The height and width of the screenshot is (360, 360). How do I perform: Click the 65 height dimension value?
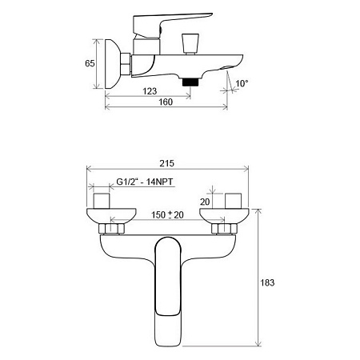[x=90, y=63]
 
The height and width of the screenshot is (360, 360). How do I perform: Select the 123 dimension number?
[x=150, y=91]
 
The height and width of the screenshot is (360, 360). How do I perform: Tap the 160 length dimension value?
[x=166, y=102]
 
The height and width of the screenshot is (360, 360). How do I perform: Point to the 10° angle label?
[x=242, y=83]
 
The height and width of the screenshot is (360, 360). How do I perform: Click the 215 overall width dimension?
[x=167, y=163]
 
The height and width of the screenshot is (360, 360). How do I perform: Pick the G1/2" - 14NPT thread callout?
[x=145, y=182]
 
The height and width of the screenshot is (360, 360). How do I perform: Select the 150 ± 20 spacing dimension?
[x=167, y=214]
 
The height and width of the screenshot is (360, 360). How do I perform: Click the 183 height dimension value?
[x=267, y=282]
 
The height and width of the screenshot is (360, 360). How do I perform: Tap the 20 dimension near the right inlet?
[x=205, y=202]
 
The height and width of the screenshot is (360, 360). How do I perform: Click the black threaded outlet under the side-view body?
[x=190, y=82]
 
